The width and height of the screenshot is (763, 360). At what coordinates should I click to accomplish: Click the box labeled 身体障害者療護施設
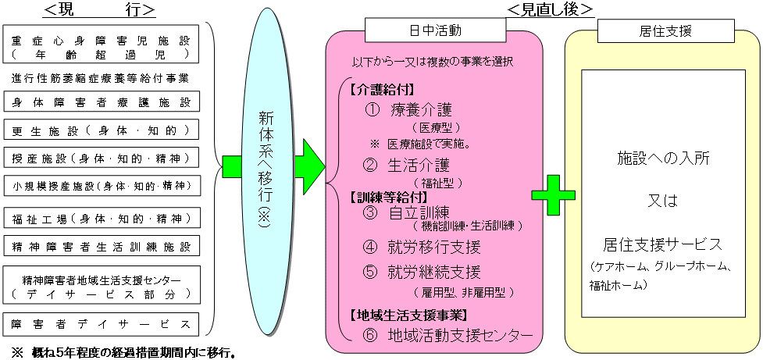coord(102,102)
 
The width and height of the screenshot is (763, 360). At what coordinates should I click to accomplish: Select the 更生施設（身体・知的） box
coord(102,130)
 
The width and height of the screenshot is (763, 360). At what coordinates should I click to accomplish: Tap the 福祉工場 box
coord(102,218)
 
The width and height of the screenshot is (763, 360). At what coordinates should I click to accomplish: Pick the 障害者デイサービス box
coord(102,323)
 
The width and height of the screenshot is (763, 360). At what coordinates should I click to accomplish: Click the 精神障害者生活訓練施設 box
coord(102,246)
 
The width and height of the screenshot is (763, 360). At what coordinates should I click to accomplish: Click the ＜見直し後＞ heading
coord(550,9)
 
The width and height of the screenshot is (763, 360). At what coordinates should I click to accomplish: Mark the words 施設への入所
coord(663,159)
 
